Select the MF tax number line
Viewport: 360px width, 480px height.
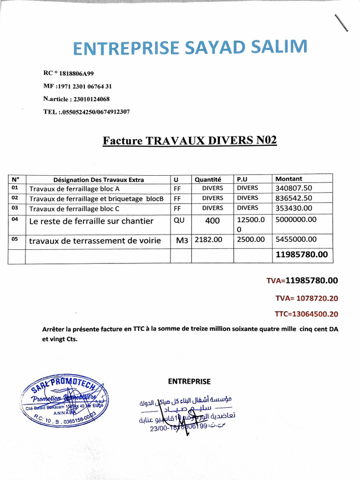(x=77, y=86)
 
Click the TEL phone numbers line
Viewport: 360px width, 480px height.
(x=86, y=112)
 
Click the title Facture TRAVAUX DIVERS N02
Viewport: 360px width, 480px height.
(x=190, y=140)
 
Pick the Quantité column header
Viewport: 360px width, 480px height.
(x=208, y=179)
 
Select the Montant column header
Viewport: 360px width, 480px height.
(x=289, y=179)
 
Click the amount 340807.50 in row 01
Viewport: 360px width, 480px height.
(x=294, y=188)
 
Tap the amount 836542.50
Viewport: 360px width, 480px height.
(x=294, y=198)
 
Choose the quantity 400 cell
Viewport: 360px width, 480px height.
(x=212, y=221)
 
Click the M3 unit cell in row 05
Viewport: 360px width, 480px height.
(x=182, y=240)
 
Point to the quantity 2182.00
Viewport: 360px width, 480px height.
(x=208, y=240)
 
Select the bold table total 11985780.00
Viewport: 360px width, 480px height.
(x=302, y=255)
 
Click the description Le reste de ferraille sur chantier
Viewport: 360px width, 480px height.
(x=91, y=221)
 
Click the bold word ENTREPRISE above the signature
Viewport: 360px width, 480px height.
(x=189, y=382)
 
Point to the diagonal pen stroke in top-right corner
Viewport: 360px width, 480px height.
(x=342, y=23)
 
